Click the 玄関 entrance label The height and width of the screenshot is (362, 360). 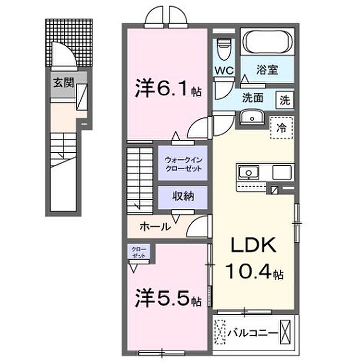point(63,83)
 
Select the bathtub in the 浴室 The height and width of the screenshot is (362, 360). point(267,42)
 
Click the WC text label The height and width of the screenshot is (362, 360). point(224,70)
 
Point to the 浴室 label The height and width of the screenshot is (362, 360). point(267,69)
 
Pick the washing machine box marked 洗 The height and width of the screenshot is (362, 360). point(285,100)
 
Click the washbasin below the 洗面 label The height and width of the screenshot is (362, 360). point(252,118)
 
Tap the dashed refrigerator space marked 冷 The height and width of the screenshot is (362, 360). point(282,128)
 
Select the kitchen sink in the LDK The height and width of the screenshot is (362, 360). point(248,172)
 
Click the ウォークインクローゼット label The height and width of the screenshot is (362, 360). point(184,164)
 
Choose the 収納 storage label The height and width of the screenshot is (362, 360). point(184,196)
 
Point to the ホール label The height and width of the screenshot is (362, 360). point(155,226)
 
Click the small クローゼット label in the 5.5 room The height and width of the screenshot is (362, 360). point(139,252)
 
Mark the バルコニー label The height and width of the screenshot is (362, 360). point(253,333)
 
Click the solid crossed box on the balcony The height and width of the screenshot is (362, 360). point(285,332)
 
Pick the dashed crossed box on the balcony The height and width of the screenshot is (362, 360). point(220,332)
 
